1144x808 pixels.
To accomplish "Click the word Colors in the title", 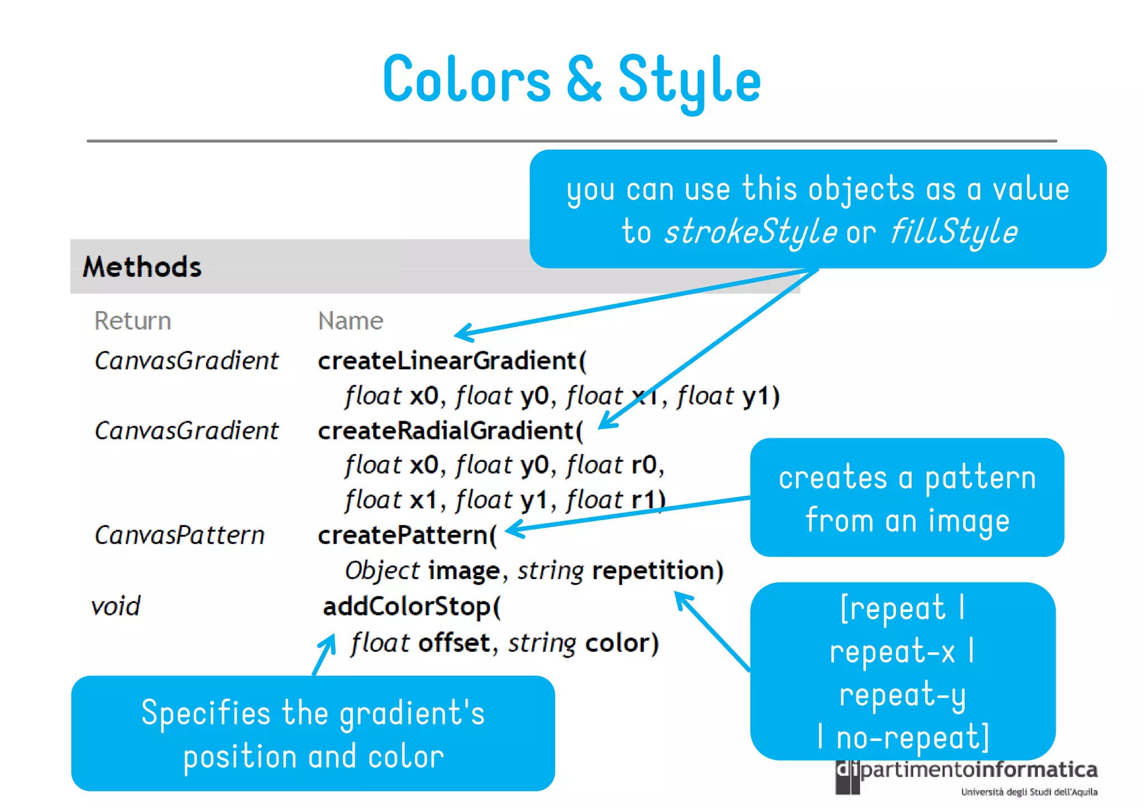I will click(x=467, y=80).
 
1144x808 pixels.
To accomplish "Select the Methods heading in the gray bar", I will click(x=142, y=267).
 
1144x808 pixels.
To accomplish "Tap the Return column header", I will click(x=132, y=321).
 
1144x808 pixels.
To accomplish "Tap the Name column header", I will click(x=350, y=321).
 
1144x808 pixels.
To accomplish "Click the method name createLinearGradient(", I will click(x=452, y=361).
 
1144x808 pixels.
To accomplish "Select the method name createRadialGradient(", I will click(x=450, y=431).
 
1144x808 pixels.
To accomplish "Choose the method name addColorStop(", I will click(x=412, y=606).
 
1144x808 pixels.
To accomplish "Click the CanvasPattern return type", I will click(x=179, y=536).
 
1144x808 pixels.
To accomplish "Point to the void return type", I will click(x=116, y=606).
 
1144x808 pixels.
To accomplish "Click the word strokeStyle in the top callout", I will click(x=750, y=232).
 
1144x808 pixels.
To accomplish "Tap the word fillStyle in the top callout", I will click(x=954, y=232).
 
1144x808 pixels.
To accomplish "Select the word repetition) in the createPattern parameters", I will click(x=657, y=571).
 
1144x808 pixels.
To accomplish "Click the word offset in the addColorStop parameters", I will click(x=454, y=643).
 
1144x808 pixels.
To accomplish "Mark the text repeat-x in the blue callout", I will click(x=892, y=652).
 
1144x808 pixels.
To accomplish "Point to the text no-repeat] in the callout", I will click(x=912, y=738).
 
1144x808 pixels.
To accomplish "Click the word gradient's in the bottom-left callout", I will click(x=412, y=714).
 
